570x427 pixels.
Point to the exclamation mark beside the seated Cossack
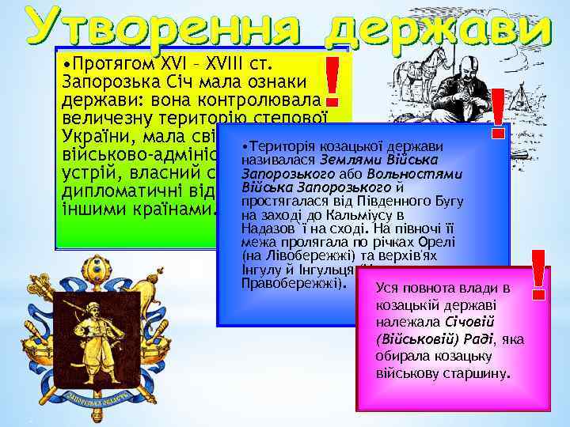499,123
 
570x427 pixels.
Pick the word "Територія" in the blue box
280,148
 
